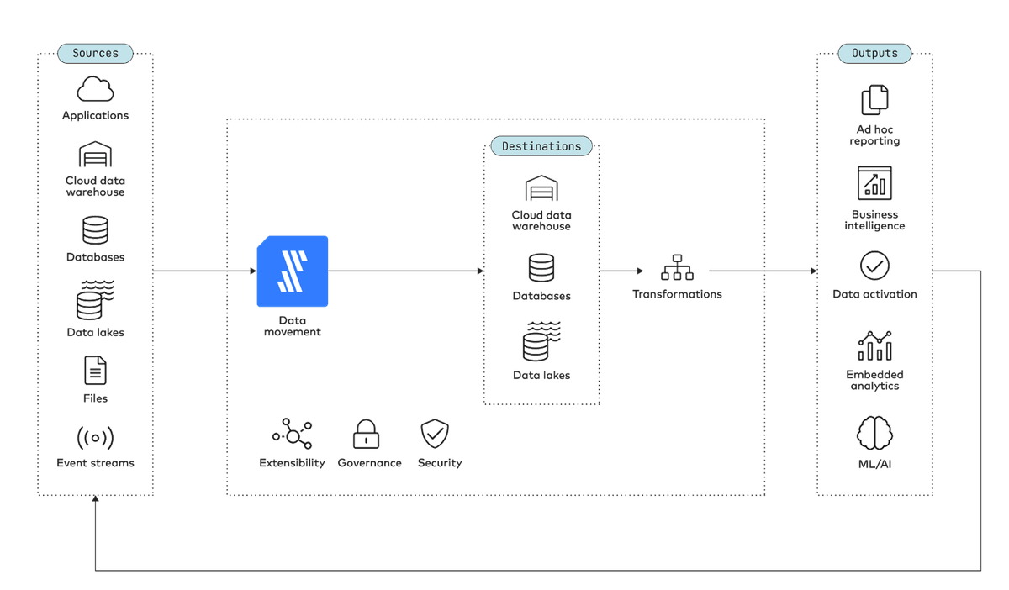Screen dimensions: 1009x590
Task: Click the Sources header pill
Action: point(95,54)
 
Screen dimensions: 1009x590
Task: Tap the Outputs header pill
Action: point(874,54)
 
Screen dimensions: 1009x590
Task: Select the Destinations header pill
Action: point(541,146)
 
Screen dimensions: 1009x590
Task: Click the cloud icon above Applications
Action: point(95,89)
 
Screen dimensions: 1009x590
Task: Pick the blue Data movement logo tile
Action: point(293,271)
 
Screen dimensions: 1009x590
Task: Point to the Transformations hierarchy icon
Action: point(677,267)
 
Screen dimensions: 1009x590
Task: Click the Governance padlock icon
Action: point(366,435)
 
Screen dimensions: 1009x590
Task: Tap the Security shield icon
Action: point(435,434)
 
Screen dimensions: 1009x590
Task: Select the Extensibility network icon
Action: point(293,434)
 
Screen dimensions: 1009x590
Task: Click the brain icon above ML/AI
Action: point(874,434)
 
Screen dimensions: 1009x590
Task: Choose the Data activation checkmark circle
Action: point(874,266)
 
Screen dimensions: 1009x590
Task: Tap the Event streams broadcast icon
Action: point(95,438)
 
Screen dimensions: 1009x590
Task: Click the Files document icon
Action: point(95,370)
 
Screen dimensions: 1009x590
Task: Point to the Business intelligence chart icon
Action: point(874,183)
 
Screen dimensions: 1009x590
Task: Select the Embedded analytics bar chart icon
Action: point(874,346)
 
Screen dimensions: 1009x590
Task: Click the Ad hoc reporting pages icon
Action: point(874,99)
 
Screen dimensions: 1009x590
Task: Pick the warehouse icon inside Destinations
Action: point(541,187)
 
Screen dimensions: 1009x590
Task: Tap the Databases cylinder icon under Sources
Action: point(95,230)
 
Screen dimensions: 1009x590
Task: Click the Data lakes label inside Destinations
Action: point(541,375)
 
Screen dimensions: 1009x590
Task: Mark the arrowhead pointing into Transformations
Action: point(640,271)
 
